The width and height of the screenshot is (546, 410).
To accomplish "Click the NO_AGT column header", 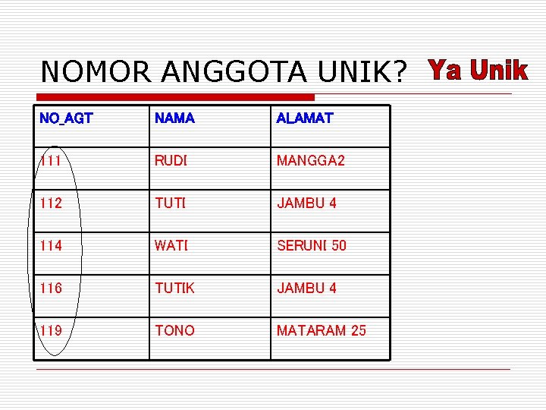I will [66, 118].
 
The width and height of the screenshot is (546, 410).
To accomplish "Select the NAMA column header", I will [174, 118].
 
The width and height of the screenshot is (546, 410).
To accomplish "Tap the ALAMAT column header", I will [304, 118].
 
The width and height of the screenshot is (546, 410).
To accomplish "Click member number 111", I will [51, 161].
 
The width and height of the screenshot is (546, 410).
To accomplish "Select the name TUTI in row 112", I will [171, 203].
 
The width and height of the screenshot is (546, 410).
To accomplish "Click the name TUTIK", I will [175, 289].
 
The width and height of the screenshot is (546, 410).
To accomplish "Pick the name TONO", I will [174, 331].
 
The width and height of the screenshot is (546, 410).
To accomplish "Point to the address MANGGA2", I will [311, 161].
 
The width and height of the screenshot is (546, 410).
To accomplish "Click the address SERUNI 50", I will [312, 246].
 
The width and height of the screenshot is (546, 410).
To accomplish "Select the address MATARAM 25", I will [322, 331].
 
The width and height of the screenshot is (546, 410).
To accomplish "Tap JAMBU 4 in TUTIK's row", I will [306, 289].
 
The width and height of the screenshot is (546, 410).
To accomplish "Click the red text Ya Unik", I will [478, 71].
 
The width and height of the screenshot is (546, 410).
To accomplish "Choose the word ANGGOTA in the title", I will [233, 72].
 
